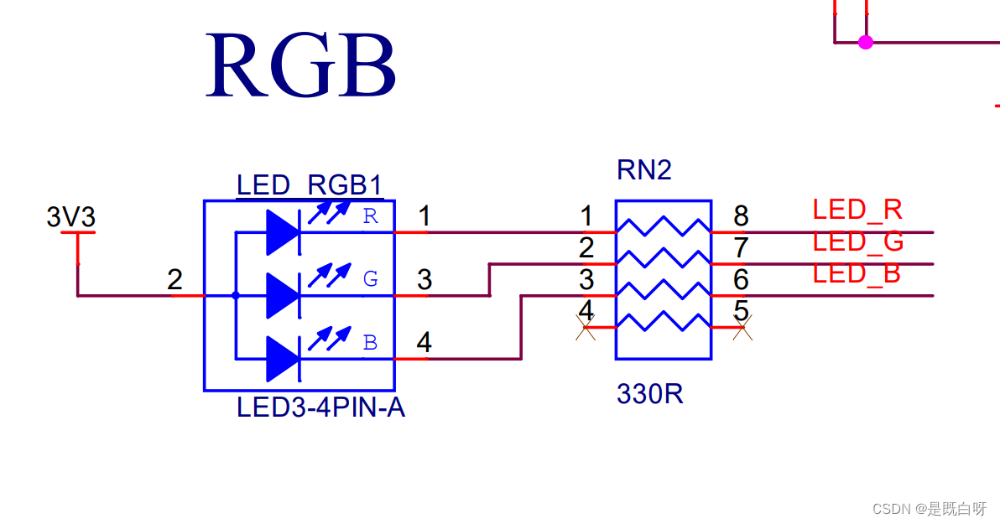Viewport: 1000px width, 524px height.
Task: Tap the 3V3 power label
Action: click(x=70, y=217)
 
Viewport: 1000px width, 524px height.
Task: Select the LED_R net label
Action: click(x=857, y=210)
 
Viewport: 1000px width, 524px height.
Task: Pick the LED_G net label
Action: click(x=857, y=241)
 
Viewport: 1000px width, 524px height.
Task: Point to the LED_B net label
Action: click(x=857, y=273)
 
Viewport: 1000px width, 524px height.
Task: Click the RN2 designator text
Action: click(x=644, y=170)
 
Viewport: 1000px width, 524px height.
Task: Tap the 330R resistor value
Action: click(x=650, y=394)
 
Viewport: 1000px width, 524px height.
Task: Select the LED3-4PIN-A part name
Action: click(x=320, y=407)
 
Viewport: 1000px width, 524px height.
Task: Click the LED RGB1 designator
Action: click(x=310, y=185)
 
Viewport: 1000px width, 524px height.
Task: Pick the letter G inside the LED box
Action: click(x=371, y=278)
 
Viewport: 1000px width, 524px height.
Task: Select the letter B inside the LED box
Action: click(x=371, y=342)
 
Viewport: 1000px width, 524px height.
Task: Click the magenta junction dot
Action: click(x=866, y=42)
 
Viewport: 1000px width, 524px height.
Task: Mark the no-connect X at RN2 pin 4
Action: click(x=586, y=328)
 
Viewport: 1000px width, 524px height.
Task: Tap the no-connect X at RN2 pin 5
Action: click(x=742, y=328)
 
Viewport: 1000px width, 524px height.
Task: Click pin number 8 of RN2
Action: click(x=741, y=216)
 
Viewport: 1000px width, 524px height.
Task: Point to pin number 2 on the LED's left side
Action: click(x=174, y=279)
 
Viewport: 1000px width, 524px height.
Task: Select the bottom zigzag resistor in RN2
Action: click(x=664, y=321)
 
